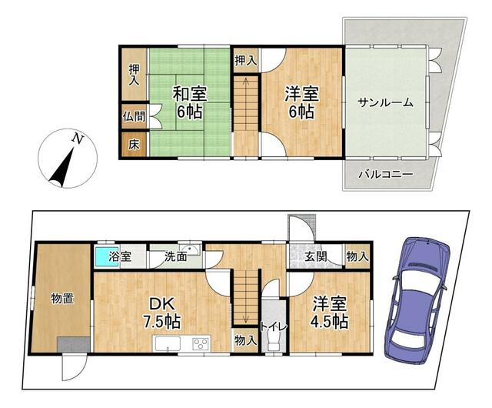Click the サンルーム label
pos(386,102)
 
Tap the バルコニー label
pos(386,174)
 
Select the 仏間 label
pos(134,116)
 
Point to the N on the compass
pos(78,139)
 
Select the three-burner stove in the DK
pos(201,343)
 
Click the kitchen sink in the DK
pos(167,343)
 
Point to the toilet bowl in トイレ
pos(274,340)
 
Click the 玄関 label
pos(316,257)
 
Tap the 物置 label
pos(62,298)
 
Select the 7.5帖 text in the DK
pos(162,321)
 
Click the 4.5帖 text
pos(329,321)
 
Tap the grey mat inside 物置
pos(74,345)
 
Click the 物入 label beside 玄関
pos(357,257)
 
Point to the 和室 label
pos(189,94)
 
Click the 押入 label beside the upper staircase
pos(246,60)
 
